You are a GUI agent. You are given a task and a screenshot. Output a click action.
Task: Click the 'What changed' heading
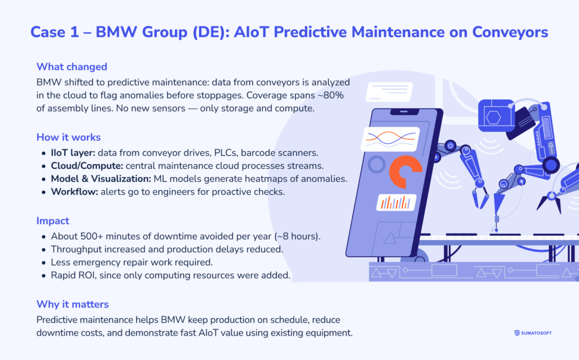[72, 67]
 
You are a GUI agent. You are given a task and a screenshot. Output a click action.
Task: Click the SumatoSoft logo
[533, 333]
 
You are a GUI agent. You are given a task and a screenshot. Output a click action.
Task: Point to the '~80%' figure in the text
[337, 95]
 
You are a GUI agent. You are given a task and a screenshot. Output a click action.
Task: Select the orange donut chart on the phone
[405, 172]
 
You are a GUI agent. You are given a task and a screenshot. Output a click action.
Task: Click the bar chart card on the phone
[396, 202]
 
